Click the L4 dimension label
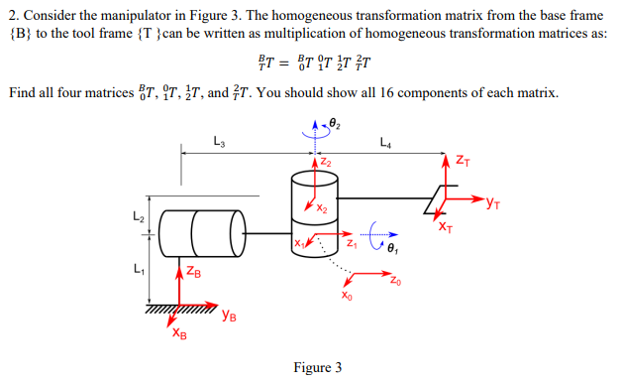click(x=385, y=143)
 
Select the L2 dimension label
click(x=139, y=215)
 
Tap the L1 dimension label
click(x=138, y=267)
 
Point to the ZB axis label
click(x=195, y=273)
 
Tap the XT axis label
click(x=446, y=227)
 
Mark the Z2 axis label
click(x=326, y=162)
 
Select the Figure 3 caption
click(x=318, y=368)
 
